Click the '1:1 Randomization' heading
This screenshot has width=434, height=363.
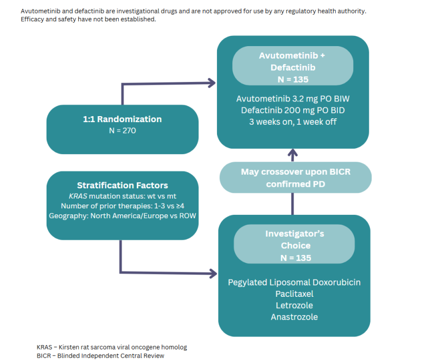tap(122, 119)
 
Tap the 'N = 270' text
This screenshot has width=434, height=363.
tap(122, 131)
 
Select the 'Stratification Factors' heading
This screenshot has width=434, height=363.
tap(122, 185)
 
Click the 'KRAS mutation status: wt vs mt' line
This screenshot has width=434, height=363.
tap(122, 196)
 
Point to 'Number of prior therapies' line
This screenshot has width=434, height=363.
tap(122, 206)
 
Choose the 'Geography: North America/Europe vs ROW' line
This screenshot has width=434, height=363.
tap(122, 216)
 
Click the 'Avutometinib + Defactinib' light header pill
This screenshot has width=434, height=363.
tap(293, 68)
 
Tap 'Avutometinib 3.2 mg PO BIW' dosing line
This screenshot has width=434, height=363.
tap(293, 99)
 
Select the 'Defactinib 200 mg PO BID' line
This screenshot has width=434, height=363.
tap(293, 111)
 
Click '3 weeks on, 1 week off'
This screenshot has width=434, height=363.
tap(293, 122)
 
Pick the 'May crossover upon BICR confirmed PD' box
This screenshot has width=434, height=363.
tap(295, 177)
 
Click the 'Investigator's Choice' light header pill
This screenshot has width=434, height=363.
tap(295, 246)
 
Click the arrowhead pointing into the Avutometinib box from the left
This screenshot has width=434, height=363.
tap(212, 83)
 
